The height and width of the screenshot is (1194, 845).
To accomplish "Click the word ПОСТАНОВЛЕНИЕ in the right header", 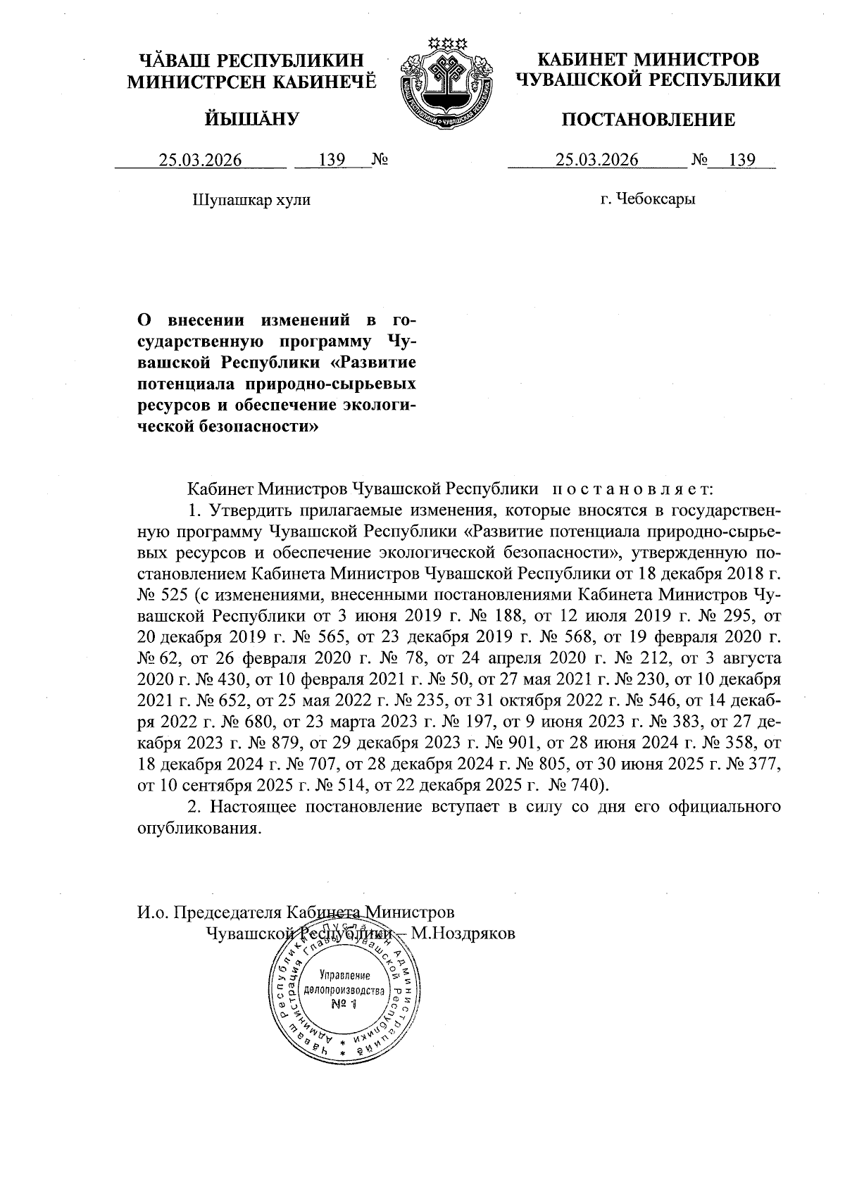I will coord(648,120).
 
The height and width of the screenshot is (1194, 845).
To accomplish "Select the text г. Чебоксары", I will coord(648,199).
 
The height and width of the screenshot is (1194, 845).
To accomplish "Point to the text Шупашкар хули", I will coord(251,200).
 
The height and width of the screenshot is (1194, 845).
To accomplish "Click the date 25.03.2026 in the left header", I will coord(200,161).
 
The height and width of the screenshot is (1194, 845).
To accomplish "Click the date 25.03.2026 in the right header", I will coord(596,161).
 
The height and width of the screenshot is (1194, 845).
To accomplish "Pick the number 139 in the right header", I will coord(742,161).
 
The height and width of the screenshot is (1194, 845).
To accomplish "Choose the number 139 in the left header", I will coord(331,161).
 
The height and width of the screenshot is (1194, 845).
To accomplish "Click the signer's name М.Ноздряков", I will coord(463,934).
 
